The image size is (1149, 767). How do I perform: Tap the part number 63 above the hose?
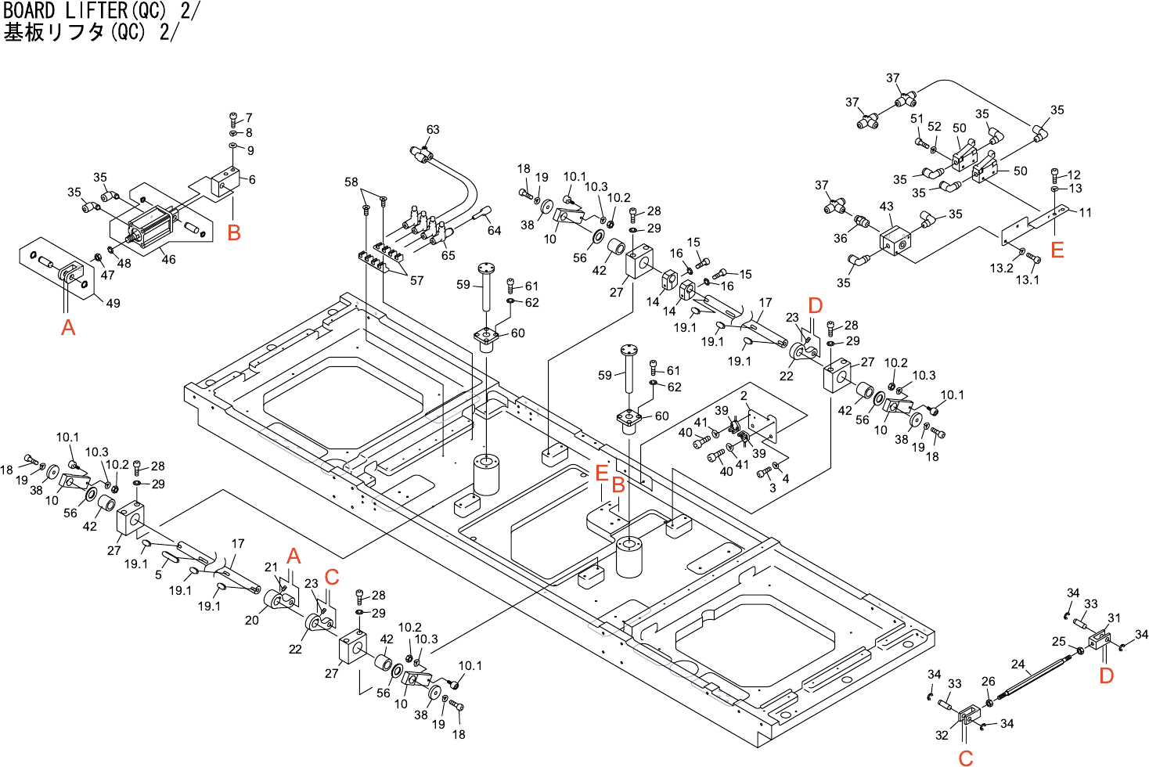coord(433,130)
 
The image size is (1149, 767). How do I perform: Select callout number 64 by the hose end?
coord(494,230)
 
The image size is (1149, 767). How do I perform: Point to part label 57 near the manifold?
coord(417,280)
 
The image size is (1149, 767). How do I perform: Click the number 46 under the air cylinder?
coord(168,259)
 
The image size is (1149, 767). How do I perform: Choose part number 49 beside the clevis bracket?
coord(113,303)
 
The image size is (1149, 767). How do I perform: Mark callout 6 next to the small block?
coord(252,179)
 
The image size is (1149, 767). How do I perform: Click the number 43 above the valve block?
coord(886,207)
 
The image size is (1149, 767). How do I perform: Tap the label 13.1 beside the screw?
coord(1027,279)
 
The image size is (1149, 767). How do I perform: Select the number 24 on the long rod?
coord(1018,664)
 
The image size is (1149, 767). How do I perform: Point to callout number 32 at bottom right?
coord(942,735)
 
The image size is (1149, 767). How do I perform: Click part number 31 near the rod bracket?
coord(1114,618)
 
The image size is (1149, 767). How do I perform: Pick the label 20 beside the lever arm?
coord(251,620)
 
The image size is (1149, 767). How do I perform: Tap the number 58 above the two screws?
coord(351,182)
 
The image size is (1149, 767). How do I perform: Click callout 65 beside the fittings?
coord(448,255)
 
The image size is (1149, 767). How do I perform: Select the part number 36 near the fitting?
coord(840,238)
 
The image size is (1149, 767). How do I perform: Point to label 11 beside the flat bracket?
coord(1085,212)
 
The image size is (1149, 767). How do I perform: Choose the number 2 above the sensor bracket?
coord(744,396)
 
